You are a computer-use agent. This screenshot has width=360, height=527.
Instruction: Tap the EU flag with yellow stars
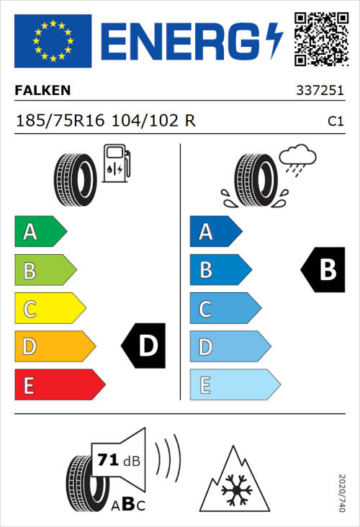(x=53, y=40)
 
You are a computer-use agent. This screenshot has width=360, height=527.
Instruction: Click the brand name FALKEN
(x=43, y=91)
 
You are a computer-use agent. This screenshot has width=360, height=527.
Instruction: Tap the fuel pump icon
(x=115, y=164)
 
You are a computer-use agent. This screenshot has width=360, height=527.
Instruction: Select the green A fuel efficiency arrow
(x=40, y=232)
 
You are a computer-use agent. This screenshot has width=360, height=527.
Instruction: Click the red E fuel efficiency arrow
(x=59, y=385)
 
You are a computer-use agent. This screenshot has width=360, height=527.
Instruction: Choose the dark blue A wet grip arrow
(x=215, y=232)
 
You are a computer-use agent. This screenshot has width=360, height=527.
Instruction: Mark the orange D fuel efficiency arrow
(x=54, y=347)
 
